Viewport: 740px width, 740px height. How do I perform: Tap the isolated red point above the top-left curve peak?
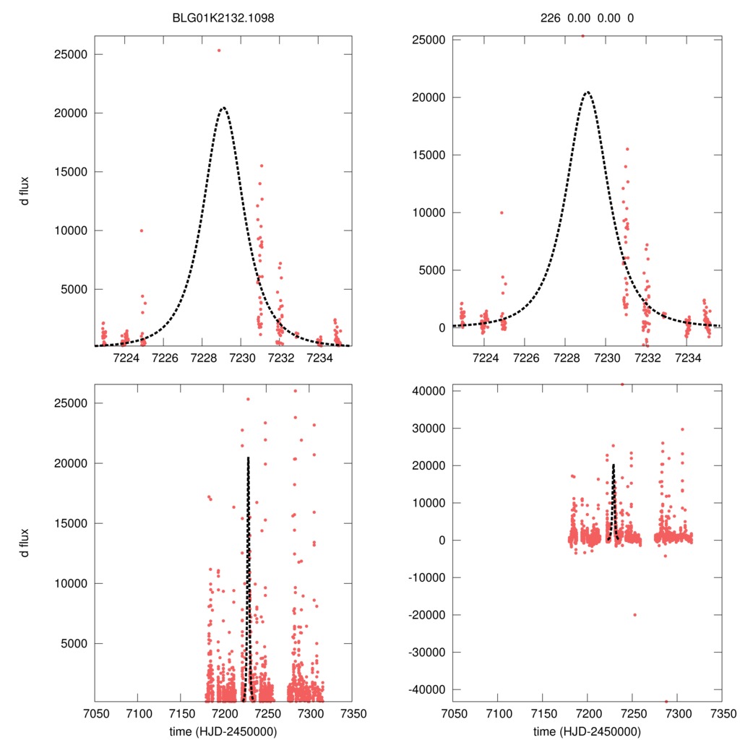click(x=219, y=50)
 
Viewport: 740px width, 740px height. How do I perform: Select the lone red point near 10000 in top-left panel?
click(x=142, y=231)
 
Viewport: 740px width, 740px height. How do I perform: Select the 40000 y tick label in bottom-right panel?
click(x=429, y=391)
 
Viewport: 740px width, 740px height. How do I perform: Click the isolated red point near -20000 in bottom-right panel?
click(x=634, y=615)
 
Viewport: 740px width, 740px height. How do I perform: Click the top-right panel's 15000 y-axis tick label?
click(x=429, y=155)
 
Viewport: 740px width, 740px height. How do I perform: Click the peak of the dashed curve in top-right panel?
click(x=588, y=92)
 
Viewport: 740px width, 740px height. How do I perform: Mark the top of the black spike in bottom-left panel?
click(x=248, y=458)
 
